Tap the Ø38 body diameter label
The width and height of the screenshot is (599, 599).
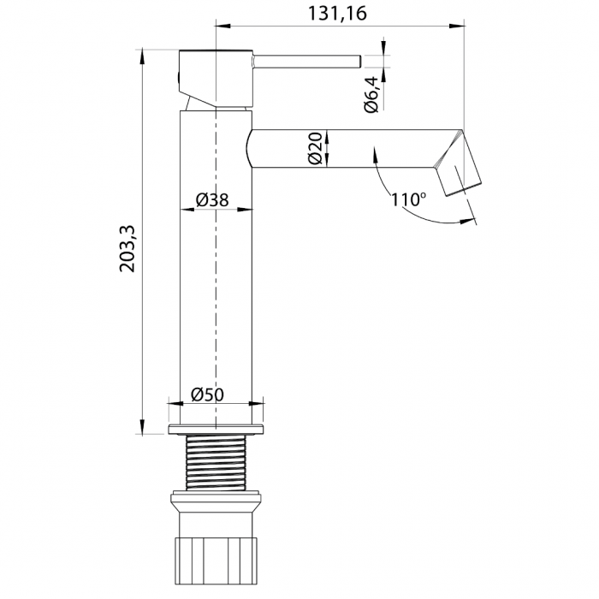[211, 199]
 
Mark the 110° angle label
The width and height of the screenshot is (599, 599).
[408, 200]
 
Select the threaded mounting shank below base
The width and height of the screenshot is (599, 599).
[216, 461]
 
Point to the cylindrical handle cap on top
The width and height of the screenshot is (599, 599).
[216, 77]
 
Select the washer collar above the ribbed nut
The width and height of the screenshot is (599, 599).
[216, 504]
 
